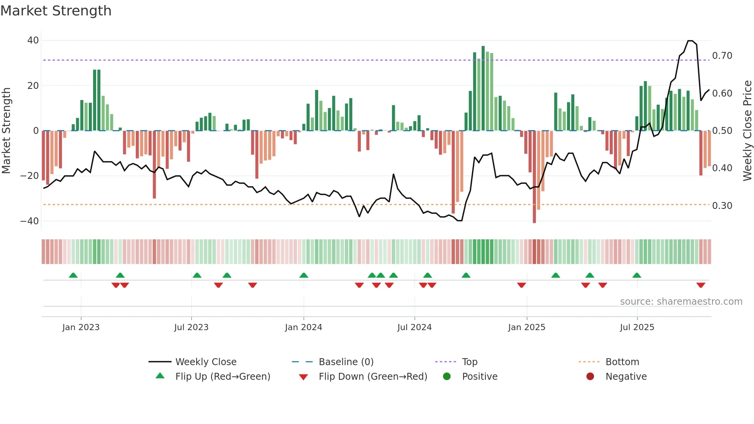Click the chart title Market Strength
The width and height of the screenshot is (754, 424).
coord(56,11)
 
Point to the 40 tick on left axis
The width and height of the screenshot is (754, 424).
coord(33,40)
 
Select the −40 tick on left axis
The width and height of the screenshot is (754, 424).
coord(30,221)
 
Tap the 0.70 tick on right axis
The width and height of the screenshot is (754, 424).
coord(722,56)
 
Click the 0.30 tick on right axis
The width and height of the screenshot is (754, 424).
coord(722,206)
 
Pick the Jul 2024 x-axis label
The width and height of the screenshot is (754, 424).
coord(414,327)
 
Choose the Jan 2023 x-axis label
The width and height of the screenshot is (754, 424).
coord(81,327)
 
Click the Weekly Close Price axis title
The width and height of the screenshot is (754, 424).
coord(747,131)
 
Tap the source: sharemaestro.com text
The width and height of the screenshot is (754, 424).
coord(681,302)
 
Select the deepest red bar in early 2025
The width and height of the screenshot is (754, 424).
coord(534,177)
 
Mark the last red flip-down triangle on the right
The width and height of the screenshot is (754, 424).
coord(701,285)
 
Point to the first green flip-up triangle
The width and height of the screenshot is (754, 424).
coord(73,275)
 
